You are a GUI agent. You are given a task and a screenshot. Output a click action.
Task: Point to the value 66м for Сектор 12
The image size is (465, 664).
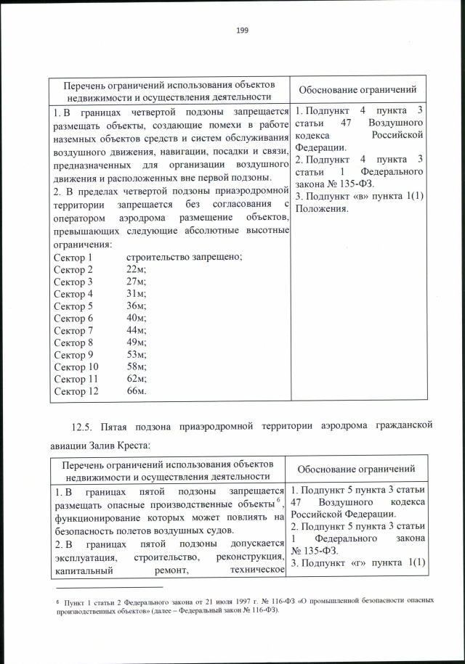coord(137,392)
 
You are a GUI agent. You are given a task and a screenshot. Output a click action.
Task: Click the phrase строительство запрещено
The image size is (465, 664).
coord(184,257)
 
